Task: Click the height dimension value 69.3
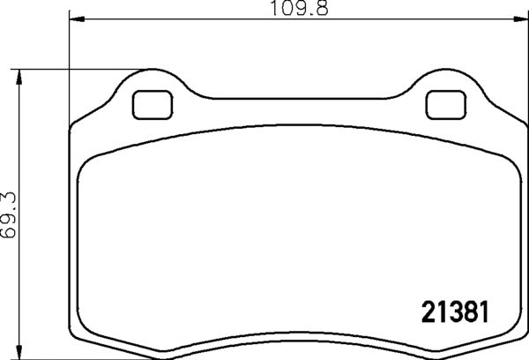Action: tap(9, 215)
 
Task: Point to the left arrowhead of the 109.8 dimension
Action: tap(74, 17)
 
